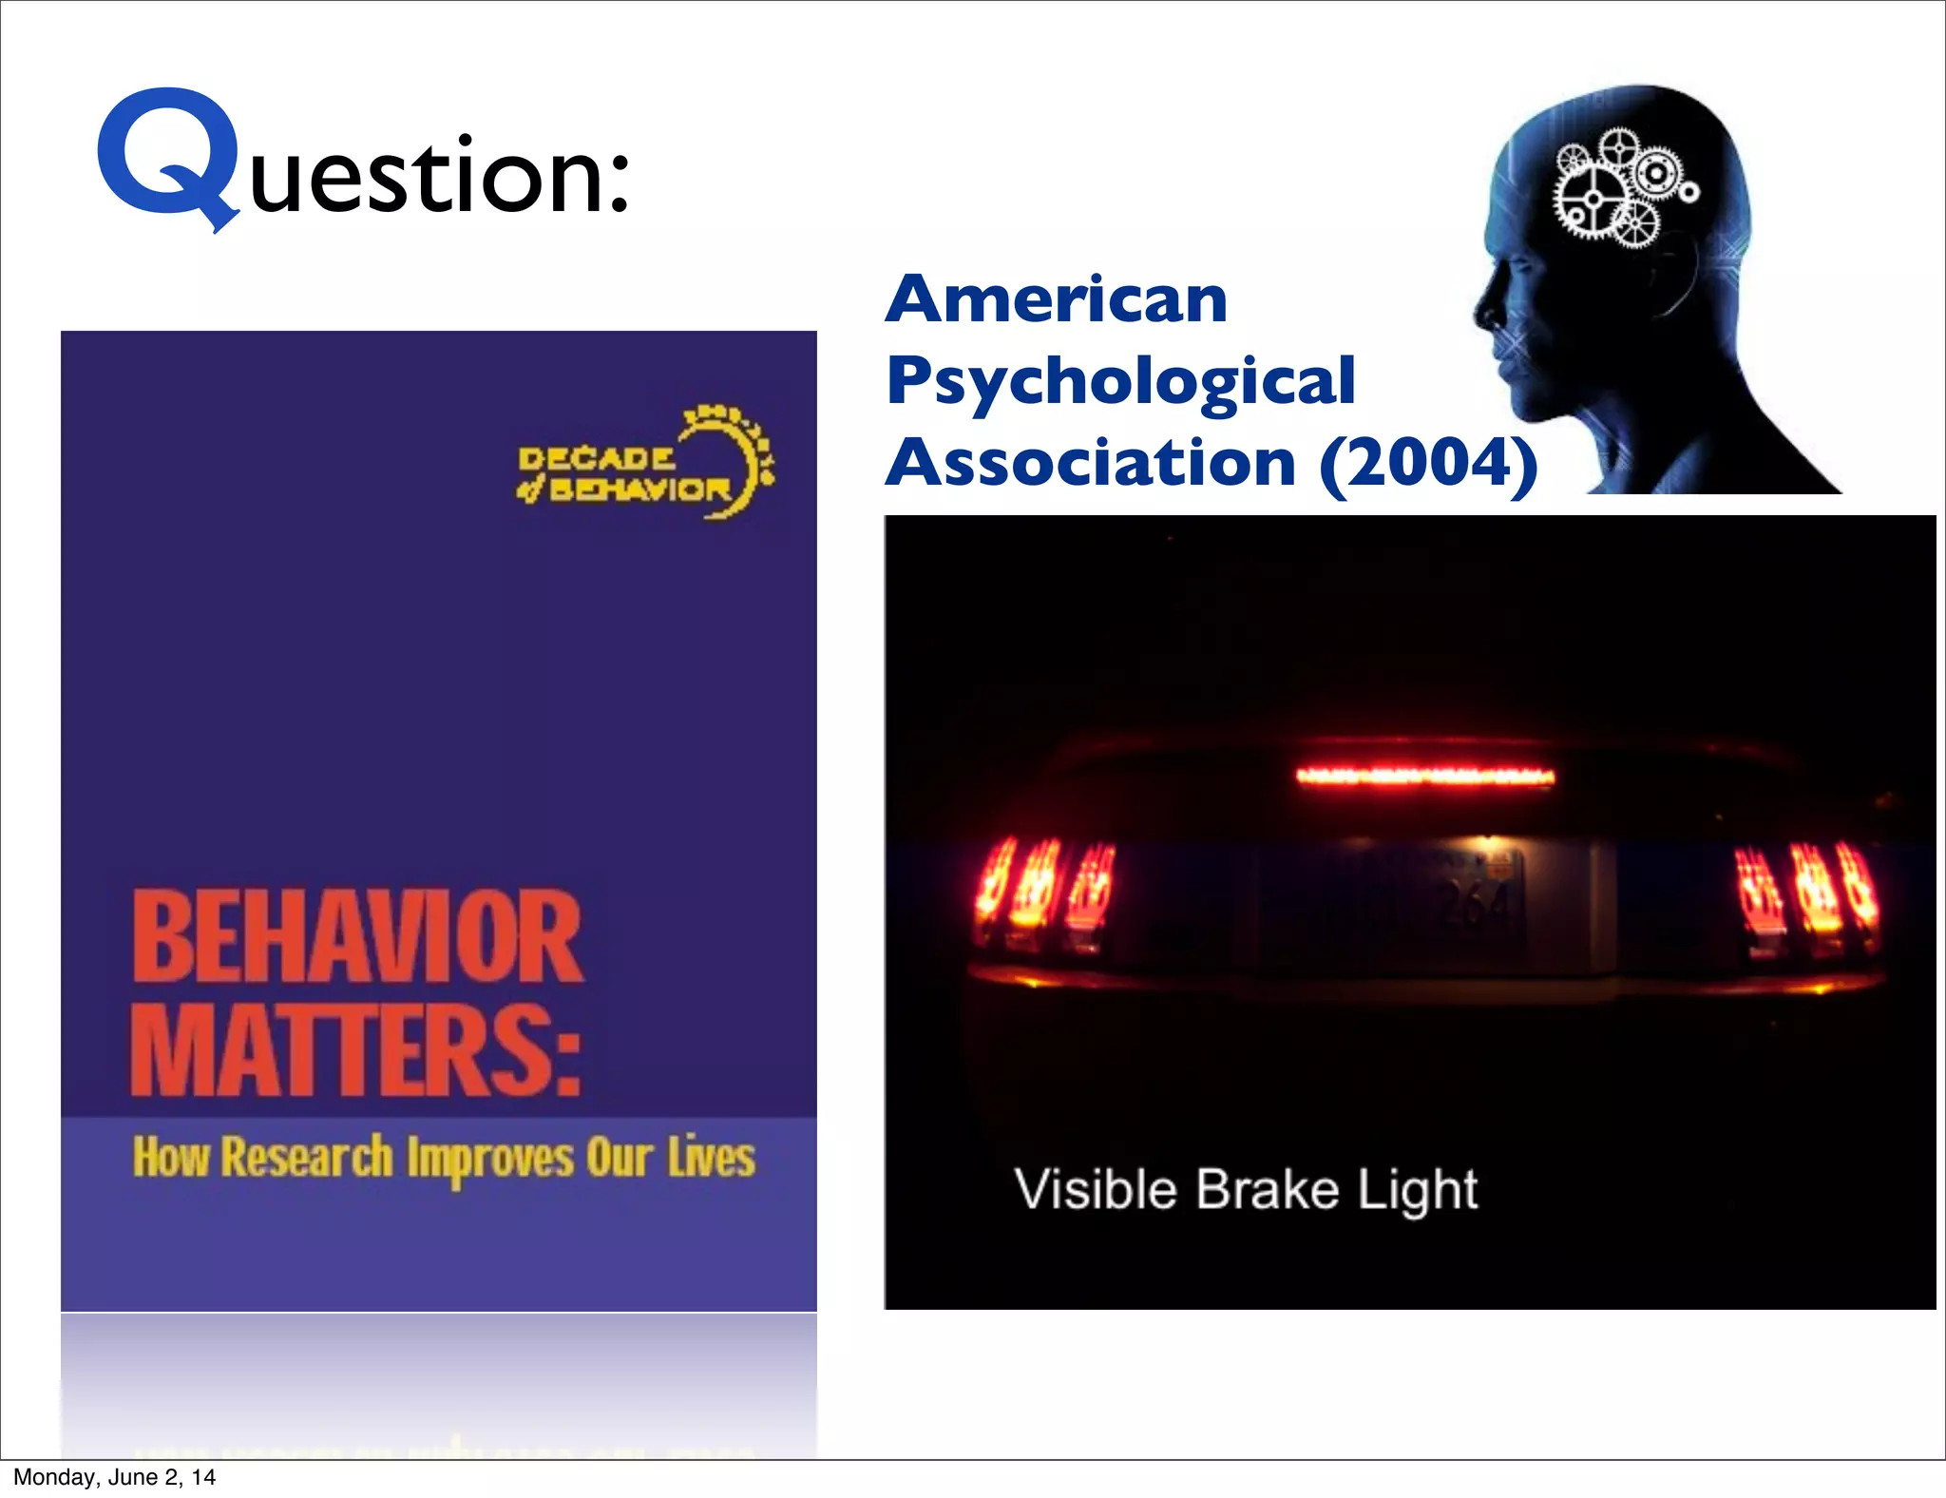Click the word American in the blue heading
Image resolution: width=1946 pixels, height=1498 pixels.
[x=1056, y=299]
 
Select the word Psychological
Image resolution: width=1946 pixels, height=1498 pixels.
[x=1120, y=381]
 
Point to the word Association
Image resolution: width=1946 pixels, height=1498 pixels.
[x=1091, y=464]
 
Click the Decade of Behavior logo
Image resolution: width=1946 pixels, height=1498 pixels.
[x=645, y=467]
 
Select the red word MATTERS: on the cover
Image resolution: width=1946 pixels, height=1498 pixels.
[x=356, y=1051]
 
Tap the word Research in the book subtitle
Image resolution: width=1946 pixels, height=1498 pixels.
[x=306, y=1158]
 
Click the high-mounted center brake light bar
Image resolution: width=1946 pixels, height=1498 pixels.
[x=1425, y=777]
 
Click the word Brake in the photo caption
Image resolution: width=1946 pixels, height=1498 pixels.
[x=1268, y=1189]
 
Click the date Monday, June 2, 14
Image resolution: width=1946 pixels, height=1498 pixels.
[x=114, y=1477]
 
